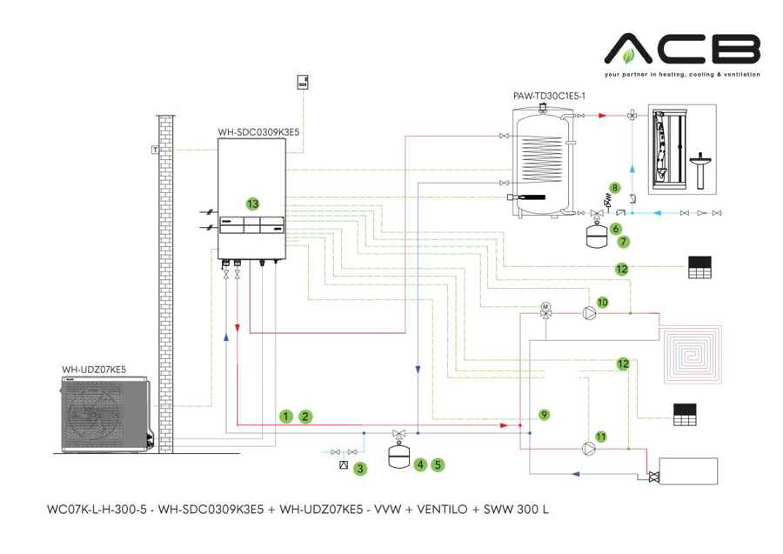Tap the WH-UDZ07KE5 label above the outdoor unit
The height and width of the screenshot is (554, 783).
pos(94,370)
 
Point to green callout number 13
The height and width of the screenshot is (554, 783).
pos(252,204)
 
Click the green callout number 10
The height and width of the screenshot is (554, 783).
pos(602,301)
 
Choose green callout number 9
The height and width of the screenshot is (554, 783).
pos(543,415)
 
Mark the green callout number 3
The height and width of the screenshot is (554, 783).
pos(359,469)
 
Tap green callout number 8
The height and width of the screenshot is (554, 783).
pos(614,187)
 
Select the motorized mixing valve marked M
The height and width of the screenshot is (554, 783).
pos(545,308)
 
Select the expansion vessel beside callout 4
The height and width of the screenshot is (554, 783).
pos(398,451)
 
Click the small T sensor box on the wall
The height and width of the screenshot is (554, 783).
pos(155,150)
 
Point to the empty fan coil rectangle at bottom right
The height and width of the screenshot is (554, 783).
pos(688,471)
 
